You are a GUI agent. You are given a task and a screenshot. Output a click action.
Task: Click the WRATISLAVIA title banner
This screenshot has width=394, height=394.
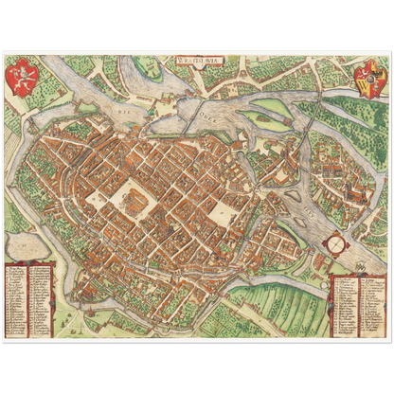pos(198,61)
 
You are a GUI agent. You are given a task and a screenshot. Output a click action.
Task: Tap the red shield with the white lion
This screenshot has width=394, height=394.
pos(19,73)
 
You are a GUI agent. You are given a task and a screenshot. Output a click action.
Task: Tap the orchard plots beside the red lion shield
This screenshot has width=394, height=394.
pos(47,81)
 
